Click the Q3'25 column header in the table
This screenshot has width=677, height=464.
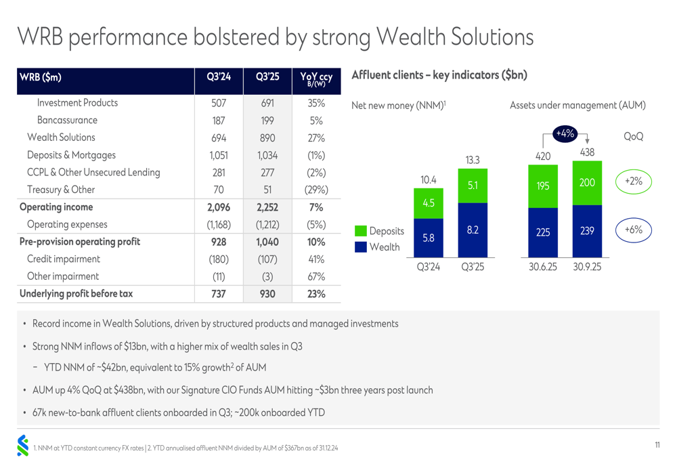(267, 78)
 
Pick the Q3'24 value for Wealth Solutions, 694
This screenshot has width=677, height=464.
(218, 138)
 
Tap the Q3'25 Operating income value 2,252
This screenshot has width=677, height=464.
(267, 207)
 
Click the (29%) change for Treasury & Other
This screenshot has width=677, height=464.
(315, 190)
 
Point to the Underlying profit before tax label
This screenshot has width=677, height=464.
(76, 293)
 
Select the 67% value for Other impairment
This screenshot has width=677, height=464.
(315, 276)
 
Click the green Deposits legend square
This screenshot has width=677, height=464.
(360, 232)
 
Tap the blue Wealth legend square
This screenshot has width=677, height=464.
(360, 247)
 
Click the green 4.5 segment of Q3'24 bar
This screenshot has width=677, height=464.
(428, 203)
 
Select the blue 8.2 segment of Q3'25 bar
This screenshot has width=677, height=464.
(473, 230)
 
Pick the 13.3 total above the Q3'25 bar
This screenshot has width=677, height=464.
(473, 161)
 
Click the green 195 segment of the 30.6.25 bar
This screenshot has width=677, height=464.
(543, 186)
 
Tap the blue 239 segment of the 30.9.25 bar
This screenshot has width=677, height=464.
(587, 231)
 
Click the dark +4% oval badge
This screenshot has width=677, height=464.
(565, 134)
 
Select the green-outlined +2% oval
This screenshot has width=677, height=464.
(633, 182)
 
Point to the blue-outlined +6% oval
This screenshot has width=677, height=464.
(633, 230)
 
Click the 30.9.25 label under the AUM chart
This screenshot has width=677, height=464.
(587, 267)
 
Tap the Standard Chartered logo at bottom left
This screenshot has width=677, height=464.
(23, 445)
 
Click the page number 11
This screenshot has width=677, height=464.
(657, 445)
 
